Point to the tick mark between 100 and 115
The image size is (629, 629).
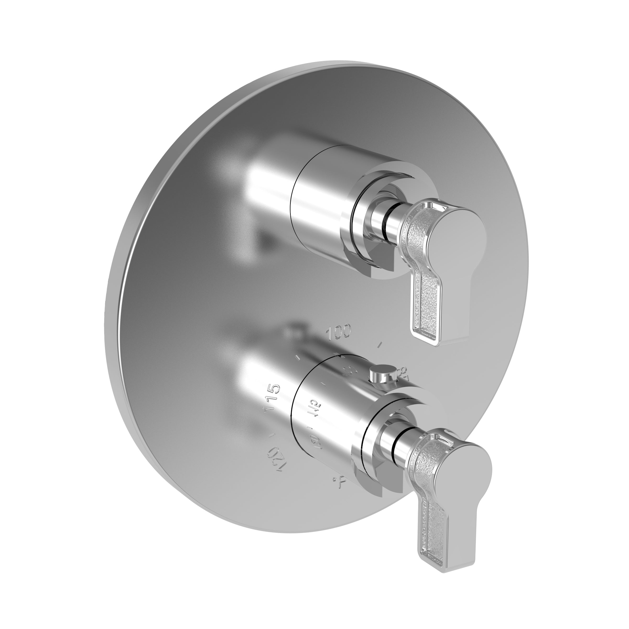coord(297,358)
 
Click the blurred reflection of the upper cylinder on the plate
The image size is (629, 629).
coord(261,192)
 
